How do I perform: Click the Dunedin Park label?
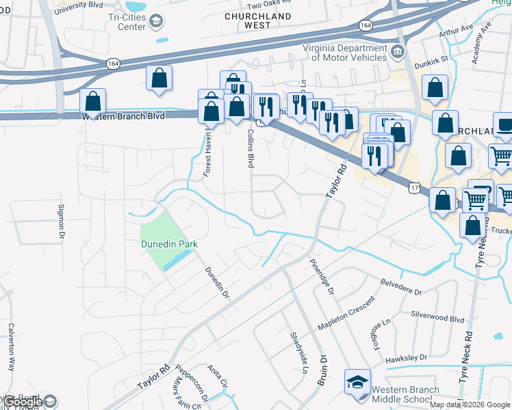168,244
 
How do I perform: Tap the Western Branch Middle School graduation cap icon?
357,381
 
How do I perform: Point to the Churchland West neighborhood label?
258,20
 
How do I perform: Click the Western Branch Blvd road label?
124,117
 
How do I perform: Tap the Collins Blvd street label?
251,149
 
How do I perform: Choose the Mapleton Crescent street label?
346,314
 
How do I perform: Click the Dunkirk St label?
433,59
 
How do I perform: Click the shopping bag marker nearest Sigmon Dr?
93,103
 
